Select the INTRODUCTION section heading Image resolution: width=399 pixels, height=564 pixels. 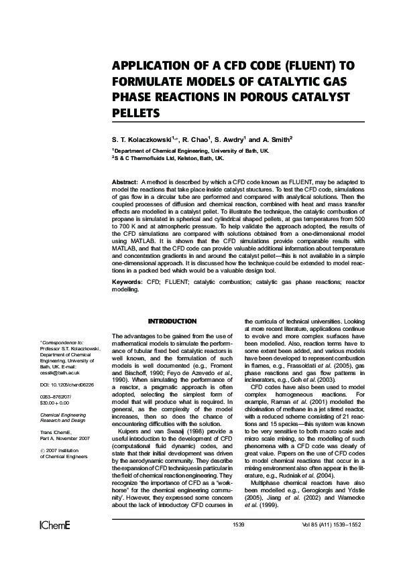pos(172,322)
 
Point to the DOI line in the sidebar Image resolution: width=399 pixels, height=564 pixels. pos(64,386)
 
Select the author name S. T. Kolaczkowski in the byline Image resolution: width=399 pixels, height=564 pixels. pos(143,140)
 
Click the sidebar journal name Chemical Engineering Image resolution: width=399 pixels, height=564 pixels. pos(64,416)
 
